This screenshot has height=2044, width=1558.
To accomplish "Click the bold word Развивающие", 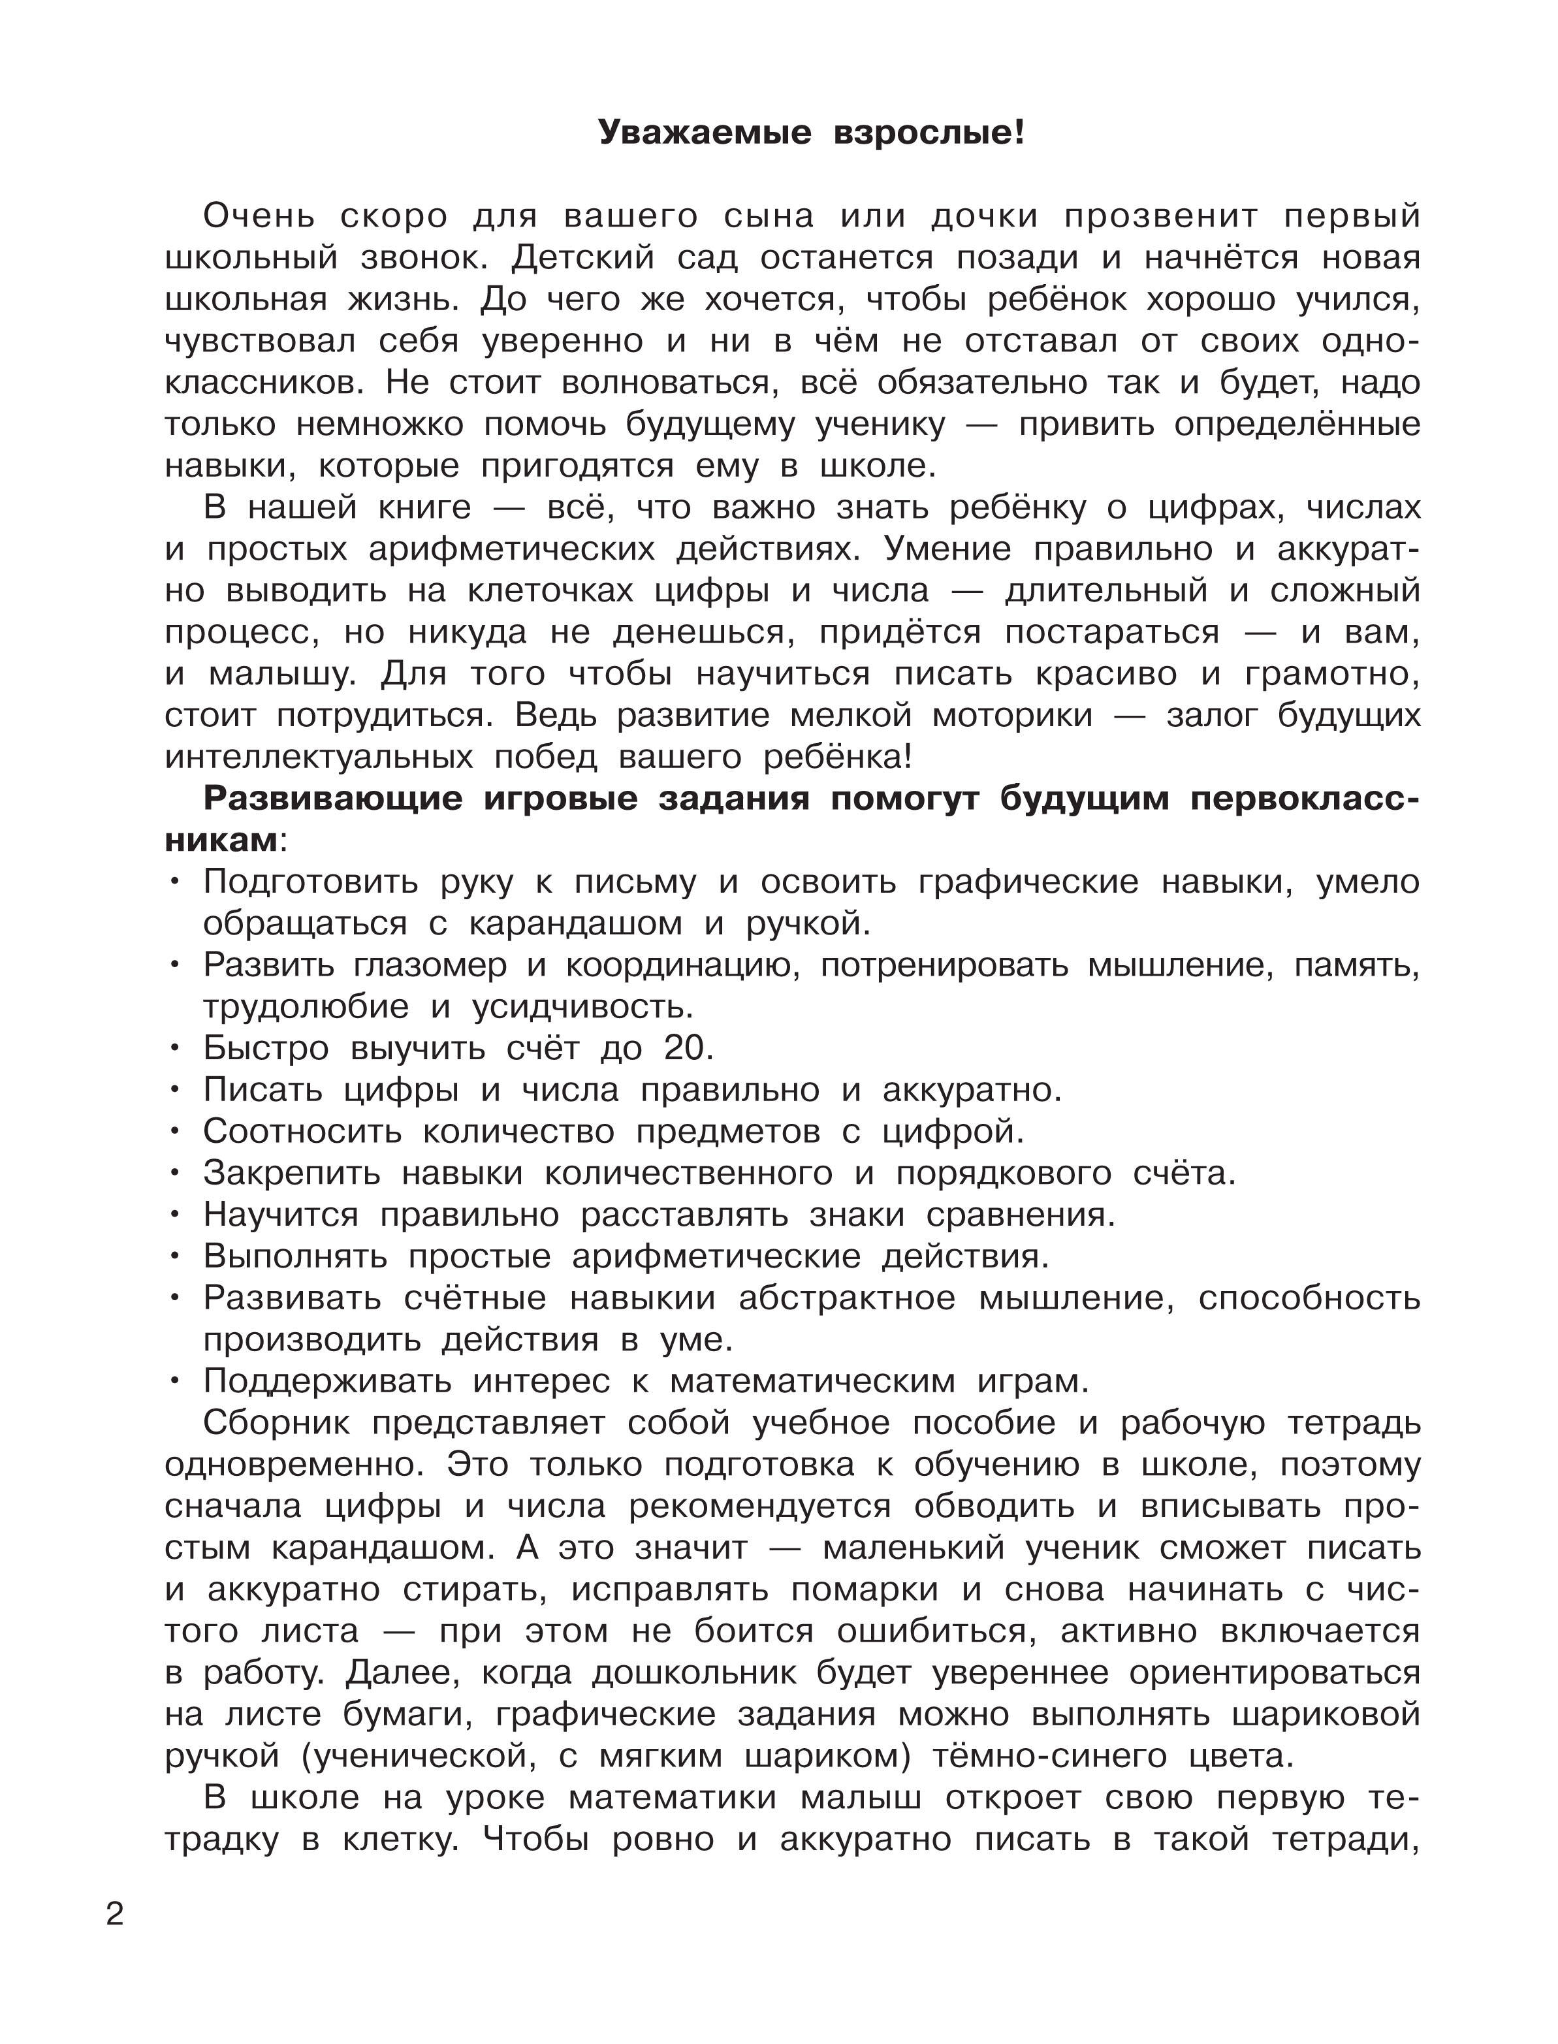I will tap(332, 799).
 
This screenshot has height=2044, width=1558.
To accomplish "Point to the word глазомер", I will tap(430, 965).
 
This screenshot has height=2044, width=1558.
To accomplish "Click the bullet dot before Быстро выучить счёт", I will tap(174, 1049).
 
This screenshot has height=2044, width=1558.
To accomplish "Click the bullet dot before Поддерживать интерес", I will tap(174, 1382).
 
